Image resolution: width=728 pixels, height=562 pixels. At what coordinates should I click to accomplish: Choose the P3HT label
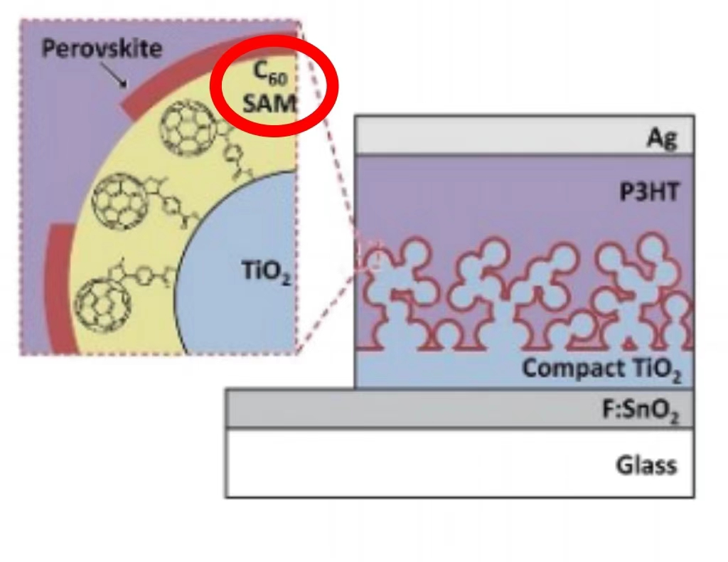[x=649, y=191]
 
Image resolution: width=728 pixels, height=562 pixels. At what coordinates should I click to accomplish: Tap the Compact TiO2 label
[x=601, y=370]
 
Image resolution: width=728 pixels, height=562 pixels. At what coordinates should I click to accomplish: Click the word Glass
[x=646, y=465]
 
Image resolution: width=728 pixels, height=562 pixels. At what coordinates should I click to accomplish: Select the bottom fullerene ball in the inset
[x=103, y=302]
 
